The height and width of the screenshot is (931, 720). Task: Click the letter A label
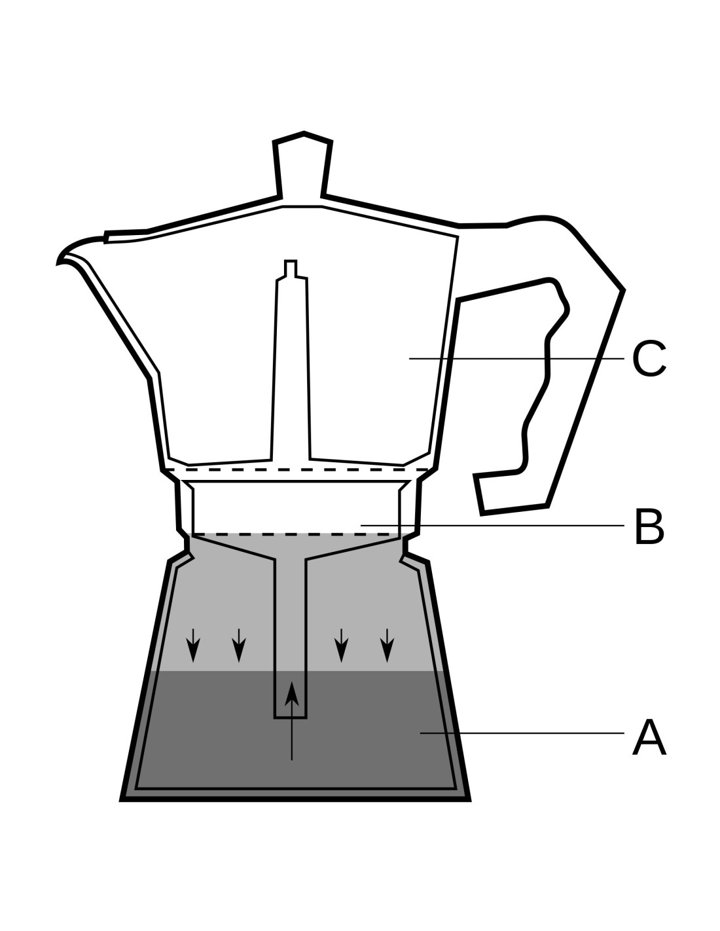pyautogui.click(x=649, y=738)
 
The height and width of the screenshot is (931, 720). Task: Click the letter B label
pyautogui.click(x=649, y=526)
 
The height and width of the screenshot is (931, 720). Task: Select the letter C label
pyautogui.click(x=649, y=359)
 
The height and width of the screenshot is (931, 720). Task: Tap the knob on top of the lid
pyautogui.click(x=303, y=164)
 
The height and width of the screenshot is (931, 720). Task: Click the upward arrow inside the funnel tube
pyautogui.click(x=292, y=720)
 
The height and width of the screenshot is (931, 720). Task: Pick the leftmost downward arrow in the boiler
pyautogui.click(x=192, y=645)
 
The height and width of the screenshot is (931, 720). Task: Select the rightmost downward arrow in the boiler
pyautogui.click(x=387, y=645)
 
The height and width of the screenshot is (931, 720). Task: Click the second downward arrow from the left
pyautogui.click(x=239, y=645)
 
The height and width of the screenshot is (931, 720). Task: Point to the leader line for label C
pyautogui.click(x=517, y=358)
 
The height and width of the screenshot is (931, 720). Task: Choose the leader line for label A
pyautogui.click(x=524, y=733)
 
